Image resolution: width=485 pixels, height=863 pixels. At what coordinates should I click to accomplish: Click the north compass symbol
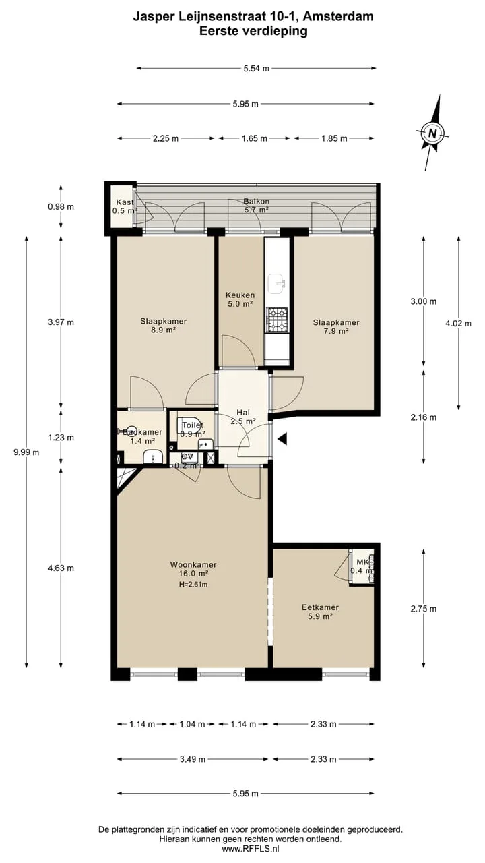432,133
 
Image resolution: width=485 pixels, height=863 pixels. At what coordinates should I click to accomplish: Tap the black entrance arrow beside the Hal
282,438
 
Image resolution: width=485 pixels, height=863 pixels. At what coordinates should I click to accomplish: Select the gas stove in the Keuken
277,320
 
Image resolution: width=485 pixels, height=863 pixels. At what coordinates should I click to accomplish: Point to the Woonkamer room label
193,564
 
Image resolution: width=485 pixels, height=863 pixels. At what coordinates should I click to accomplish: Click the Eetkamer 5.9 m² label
320,612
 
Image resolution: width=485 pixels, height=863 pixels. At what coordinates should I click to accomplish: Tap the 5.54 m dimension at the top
257,69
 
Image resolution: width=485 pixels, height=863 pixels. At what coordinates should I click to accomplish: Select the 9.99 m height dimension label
26,452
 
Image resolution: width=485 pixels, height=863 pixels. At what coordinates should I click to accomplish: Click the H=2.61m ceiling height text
193,585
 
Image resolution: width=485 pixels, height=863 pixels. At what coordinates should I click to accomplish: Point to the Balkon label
257,201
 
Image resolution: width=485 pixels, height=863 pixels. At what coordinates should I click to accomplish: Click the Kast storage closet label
125,202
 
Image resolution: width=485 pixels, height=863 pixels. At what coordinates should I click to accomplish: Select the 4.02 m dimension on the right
458,323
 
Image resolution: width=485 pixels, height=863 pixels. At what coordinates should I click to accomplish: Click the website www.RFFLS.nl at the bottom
250,848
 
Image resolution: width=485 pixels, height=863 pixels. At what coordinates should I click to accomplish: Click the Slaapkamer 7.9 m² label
336,326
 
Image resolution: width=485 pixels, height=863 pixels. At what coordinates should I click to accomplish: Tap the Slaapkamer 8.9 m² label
164,325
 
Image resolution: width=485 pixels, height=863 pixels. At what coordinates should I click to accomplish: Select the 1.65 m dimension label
255,138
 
